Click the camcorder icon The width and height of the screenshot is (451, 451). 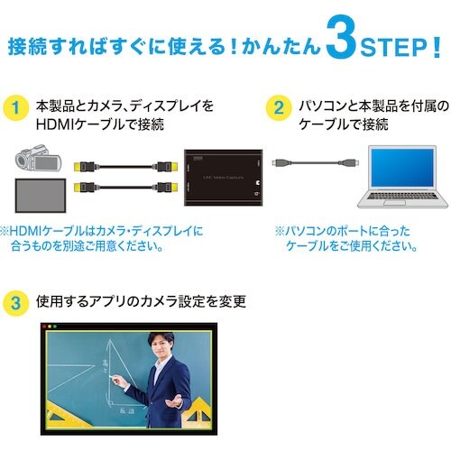(x=36, y=165)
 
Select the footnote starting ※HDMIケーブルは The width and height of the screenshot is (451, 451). (x=103, y=238)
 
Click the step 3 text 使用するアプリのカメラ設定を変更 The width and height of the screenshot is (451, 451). (x=141, y=301)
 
